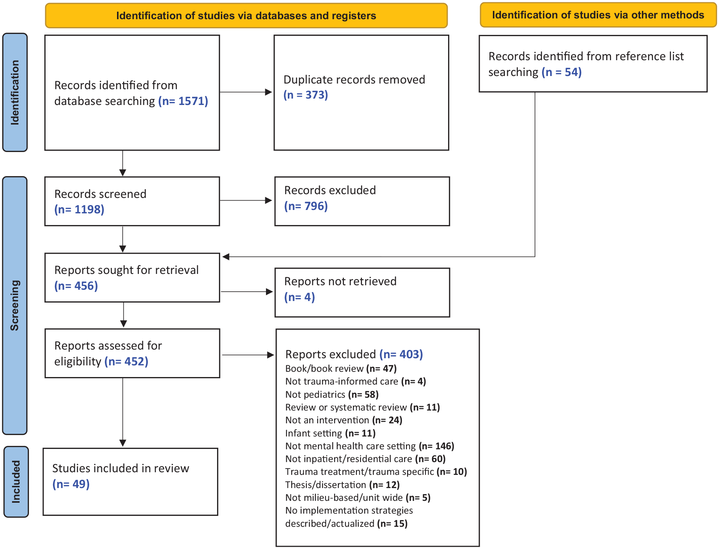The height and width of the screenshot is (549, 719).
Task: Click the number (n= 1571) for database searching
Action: [x=183, y=101]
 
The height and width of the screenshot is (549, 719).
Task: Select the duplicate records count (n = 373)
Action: [x=306, y=95]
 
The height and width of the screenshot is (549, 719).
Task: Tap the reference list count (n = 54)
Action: [x=562, y=72]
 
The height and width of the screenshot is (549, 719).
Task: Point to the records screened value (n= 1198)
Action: [x=79, y=209]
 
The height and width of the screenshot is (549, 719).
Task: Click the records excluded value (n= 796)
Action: [x=306, y=206]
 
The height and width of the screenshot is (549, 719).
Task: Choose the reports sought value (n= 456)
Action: [x=76, y=286]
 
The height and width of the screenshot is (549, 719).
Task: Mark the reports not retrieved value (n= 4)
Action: [x=299, y=297]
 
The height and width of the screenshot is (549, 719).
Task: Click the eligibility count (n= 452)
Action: [x=126, y=361]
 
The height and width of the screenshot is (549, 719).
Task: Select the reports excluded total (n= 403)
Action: [x=401, y=354]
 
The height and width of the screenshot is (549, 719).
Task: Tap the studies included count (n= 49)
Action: [x=71, y=484]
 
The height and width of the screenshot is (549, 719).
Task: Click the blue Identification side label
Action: [x=15, y=93]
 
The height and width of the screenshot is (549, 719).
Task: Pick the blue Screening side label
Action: [x=15, y=306]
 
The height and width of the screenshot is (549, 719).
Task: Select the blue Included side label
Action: [x=16, y=482]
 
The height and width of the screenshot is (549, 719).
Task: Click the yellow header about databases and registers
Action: [x=246, y=16]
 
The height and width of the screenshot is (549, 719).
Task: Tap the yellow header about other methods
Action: [x=598, y=15]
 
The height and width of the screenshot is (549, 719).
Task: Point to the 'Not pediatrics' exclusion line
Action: [x=332, y=394]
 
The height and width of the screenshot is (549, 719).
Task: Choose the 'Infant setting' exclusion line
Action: [x=330, y=433]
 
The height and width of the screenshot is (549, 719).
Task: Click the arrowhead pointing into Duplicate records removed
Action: [x=268, y=92]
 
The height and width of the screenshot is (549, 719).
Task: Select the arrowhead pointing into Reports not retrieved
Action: [x=269, y=292]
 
